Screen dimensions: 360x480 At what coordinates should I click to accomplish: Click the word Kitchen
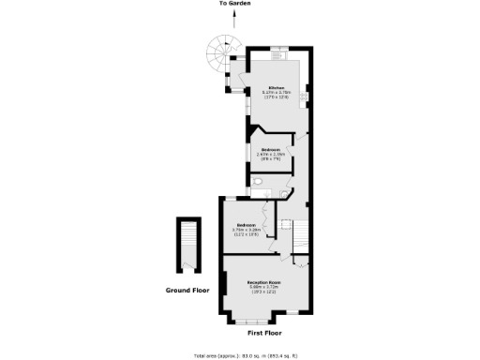coord(276,88)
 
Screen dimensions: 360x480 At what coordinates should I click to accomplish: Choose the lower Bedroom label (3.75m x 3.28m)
coord(247,225)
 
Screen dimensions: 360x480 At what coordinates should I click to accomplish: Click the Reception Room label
coord(265,282)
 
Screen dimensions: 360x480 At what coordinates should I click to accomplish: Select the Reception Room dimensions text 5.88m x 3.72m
coord(265,288)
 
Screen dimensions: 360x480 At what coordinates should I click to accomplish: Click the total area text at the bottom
coord(246,355)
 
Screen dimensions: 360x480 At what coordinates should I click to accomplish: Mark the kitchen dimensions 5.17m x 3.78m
coord(276,93)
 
